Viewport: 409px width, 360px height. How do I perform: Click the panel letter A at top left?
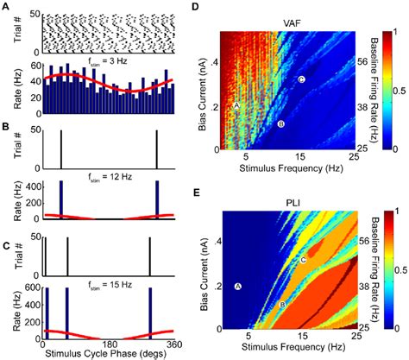pyautogui.click(x=6, y=6)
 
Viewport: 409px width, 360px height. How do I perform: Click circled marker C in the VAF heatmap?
pyautogui.click(x=301, y=79)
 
